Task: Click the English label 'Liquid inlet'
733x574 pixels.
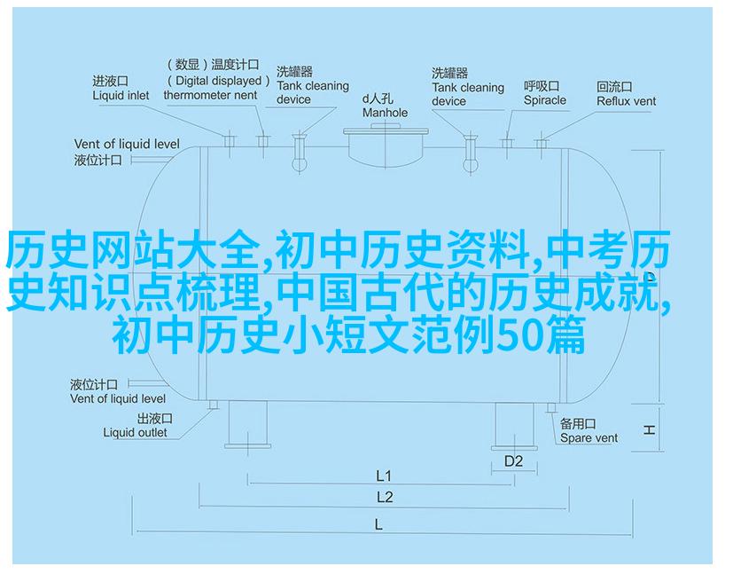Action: (121, 96)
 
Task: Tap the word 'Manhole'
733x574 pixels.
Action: (385, 113)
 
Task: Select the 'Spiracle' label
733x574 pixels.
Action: (544, 100)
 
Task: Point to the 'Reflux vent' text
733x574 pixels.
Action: (626, 101)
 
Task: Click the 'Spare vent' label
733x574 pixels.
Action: (589, 438)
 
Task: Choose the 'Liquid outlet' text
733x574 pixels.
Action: (135, 433)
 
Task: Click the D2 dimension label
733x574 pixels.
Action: (513, 461)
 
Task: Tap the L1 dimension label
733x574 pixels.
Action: (383, 476)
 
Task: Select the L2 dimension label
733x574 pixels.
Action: (385, 498)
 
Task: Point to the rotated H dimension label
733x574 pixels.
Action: (649, 430)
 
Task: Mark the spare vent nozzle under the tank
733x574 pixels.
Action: (551, 408)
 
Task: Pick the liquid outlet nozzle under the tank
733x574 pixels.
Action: (214, 405)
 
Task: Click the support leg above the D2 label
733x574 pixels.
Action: (514, 427)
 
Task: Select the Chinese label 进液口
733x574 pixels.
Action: (110, 82)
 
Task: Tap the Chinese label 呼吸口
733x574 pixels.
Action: (542, 87)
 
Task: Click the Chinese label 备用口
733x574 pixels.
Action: (578, 424)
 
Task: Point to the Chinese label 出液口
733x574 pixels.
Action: (155, 419)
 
